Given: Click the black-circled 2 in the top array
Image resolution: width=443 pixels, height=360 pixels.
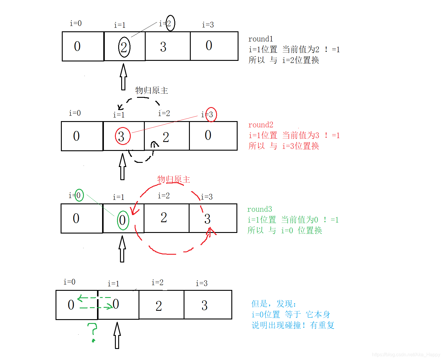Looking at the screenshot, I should pos(124,47).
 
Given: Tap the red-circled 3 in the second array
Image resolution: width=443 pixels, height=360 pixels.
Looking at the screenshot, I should pos(123,136).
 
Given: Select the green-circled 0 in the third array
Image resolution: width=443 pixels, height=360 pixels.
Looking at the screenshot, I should pos(123,220).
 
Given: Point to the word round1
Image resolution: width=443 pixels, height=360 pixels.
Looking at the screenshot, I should pos(261,39).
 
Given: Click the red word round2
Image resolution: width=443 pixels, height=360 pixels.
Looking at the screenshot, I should pos(261,125).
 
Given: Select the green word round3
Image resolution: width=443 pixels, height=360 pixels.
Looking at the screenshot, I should pos(259,209).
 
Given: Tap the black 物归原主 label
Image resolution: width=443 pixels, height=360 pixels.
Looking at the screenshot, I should pos(152,90).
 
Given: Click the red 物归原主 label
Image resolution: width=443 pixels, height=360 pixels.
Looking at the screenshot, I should pos(173,179).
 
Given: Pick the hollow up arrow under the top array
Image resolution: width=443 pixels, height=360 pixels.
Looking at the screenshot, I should pos(123,77).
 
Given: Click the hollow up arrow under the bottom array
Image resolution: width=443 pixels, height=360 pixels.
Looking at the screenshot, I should pos(117,335).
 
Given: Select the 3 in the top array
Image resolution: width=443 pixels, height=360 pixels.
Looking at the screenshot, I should pos(163,47).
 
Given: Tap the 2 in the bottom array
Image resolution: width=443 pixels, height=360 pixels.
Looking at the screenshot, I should pos(159,306).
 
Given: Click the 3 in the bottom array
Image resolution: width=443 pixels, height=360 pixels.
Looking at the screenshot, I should pos(204,305).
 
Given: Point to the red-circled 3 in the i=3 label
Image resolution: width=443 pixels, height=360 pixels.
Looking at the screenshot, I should pos(211,115).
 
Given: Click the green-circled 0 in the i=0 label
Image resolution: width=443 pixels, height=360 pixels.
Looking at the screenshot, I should pos(79,195).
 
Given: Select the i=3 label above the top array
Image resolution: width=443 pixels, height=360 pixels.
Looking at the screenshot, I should pos(208,25).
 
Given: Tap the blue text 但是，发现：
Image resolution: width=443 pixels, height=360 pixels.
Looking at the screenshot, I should pos(273,304).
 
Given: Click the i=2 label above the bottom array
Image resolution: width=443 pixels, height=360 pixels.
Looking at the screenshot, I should pos(157,282).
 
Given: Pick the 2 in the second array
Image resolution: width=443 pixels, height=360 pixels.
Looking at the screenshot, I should pos(166,137).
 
